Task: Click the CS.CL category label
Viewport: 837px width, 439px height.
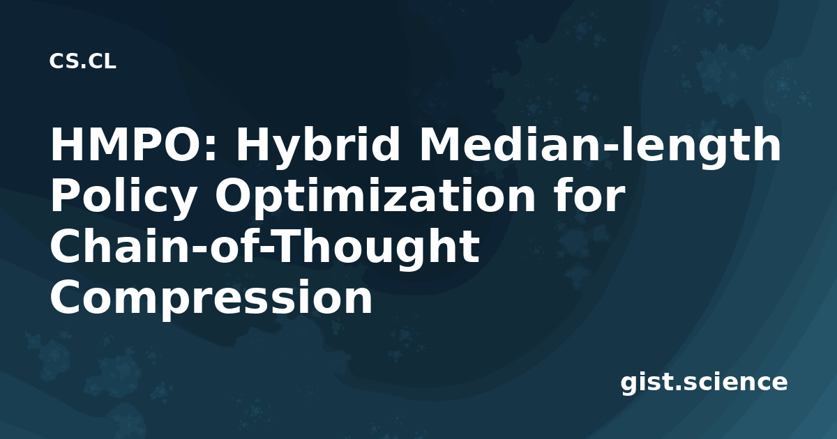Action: (82, 61)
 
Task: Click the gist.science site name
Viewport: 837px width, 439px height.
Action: (704, 383)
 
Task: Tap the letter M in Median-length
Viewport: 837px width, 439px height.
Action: (439, 144)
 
